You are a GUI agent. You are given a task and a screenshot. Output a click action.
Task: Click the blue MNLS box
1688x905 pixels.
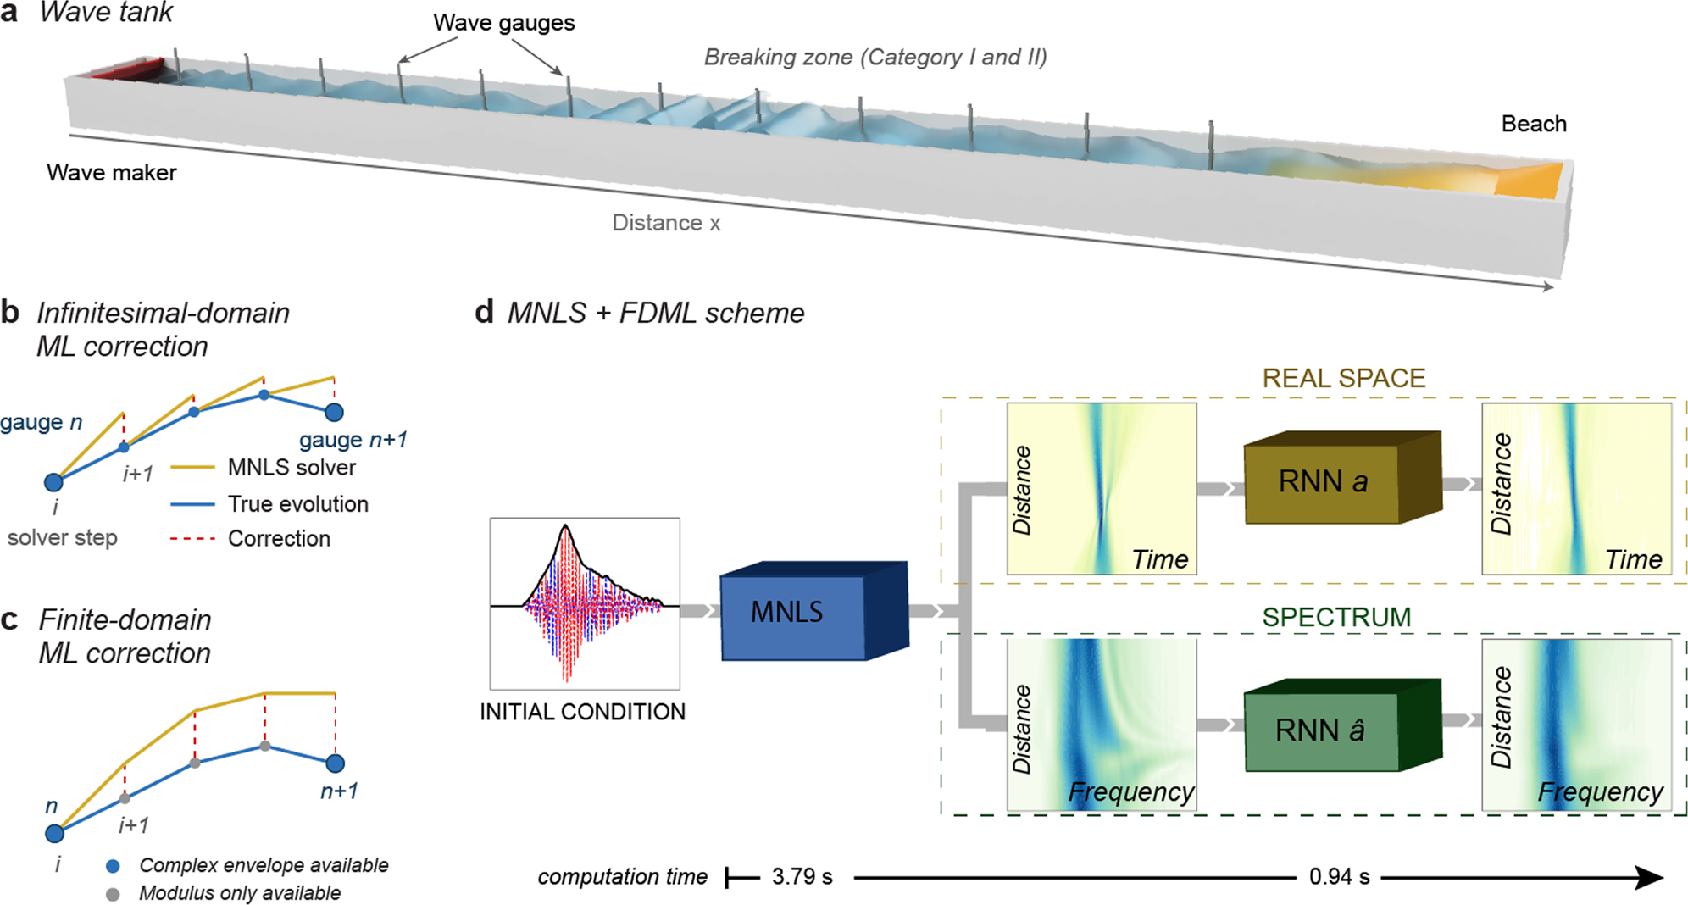pos(792,612)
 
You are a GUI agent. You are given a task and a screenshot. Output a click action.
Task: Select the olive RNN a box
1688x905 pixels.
pos(1322,482)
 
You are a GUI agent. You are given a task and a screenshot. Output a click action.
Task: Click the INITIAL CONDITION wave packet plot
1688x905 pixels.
pos(585,603)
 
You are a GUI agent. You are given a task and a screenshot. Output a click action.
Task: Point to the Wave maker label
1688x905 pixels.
pos(112,173)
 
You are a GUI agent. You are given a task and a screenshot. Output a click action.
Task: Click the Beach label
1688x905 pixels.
pos(1533,124)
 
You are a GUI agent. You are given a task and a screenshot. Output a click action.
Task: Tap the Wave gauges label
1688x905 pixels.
pos(503,23)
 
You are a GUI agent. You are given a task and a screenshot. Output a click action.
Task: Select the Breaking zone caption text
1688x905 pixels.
pos(875,58)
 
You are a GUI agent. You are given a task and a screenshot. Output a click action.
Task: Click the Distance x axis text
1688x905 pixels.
pos(666,223)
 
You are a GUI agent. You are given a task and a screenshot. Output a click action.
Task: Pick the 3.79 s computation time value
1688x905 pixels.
pos(802,876)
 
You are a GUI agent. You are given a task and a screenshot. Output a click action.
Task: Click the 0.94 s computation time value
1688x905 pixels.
pos(1339,876)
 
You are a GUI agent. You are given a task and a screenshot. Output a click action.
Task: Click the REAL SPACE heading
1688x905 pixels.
pos(1343,378)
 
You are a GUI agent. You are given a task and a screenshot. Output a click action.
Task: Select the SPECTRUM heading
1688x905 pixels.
pos(1336,617)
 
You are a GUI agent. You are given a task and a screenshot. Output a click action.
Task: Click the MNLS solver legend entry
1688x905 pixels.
pos(291,468)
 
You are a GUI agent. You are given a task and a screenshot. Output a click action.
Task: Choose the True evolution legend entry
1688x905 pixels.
pos(297,504)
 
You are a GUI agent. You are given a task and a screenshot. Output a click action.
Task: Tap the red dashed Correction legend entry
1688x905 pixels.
pos(278,539)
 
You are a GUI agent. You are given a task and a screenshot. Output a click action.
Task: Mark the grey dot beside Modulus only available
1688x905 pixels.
pos(113,894)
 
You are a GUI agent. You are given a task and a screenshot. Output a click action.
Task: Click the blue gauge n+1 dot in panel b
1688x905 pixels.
pos(335,413)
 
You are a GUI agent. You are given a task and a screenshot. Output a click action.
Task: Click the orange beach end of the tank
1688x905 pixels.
pos(1525,180)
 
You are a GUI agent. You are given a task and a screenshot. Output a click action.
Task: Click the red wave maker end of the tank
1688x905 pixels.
pos(127,69)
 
